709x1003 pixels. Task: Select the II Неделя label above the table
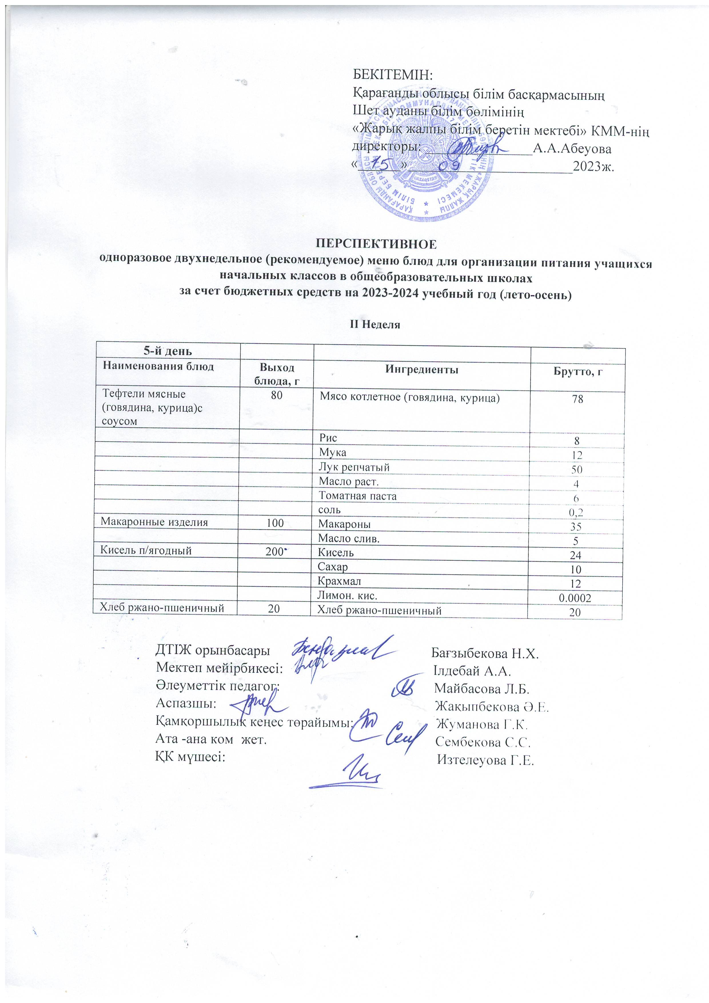coord(376,325)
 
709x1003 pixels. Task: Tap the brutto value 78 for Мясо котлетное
coord(577,398)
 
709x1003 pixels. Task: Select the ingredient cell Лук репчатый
coord(354,467)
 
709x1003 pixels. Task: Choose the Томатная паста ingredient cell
coord(357,496)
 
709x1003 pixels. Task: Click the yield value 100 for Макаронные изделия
coord(275,522)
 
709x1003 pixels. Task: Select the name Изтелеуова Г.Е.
coord(486,761)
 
